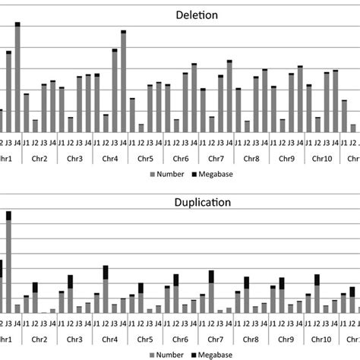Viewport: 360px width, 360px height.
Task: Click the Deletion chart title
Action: click(x=179, y=14)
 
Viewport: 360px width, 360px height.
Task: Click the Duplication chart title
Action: click(x=179, y=203)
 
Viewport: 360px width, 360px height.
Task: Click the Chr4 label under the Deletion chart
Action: click(x=109, y=159)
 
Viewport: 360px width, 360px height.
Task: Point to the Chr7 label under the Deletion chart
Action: click(x=216, y=159)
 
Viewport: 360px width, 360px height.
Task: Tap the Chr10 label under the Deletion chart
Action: click(x=322, y=159)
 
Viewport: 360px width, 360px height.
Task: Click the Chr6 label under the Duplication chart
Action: click(x=180, y=339)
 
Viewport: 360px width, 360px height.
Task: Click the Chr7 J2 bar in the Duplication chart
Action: click(x=212, y=292)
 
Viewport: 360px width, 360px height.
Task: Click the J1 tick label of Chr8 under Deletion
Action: click(x=238, y=143)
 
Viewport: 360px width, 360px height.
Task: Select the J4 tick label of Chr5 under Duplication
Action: click(x=159, y=323)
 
